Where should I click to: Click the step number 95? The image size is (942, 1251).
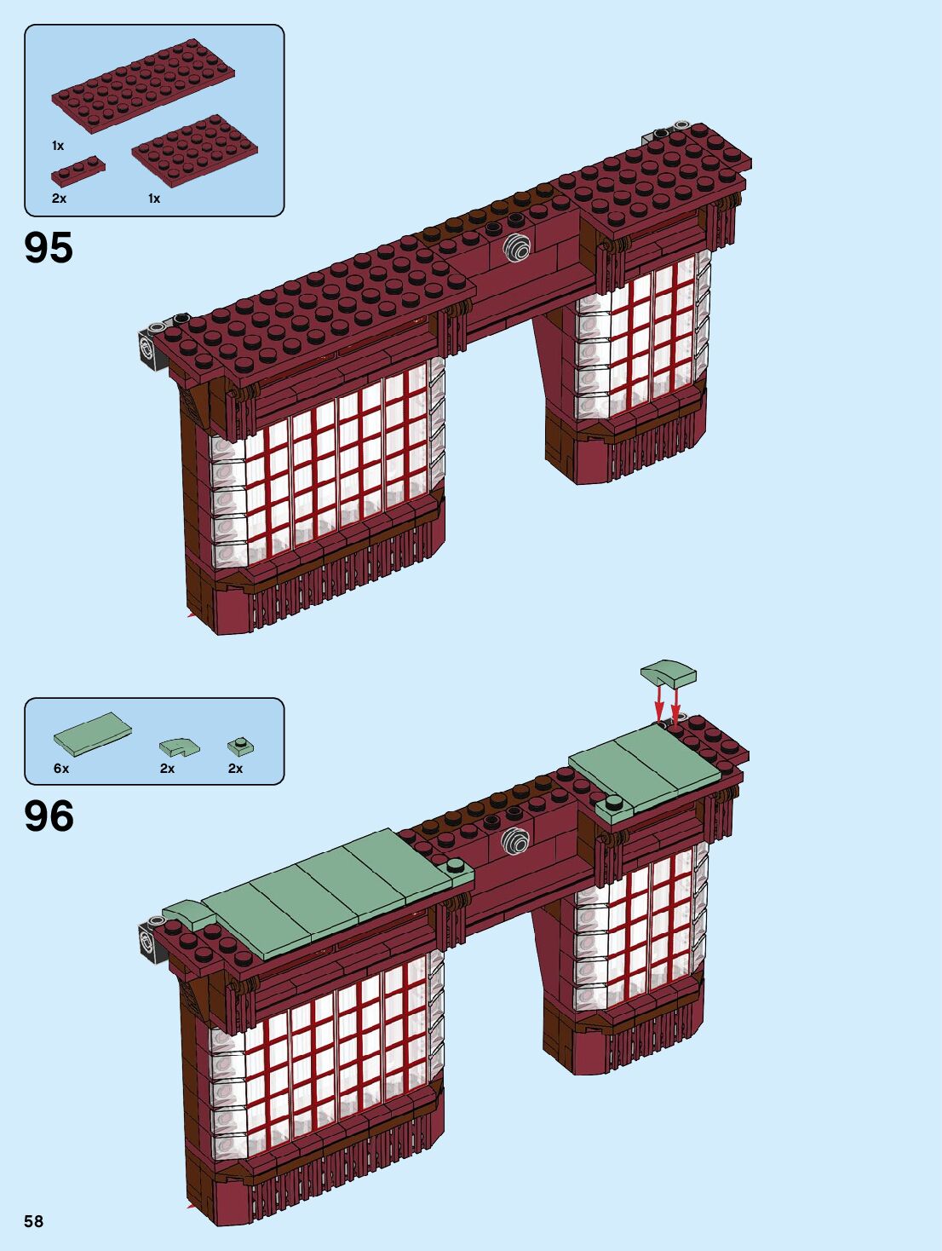pyautogui.click(x=49, y=248)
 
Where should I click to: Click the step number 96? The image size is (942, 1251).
pyautogui.click(x=49, y=816)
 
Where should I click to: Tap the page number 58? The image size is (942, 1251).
pyautogui.click(x=33, y=1221)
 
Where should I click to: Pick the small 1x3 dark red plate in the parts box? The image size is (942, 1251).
pyautogui.click(x=78, y=170)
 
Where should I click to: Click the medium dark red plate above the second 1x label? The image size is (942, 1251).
pyautogui.click(x=194, y=152)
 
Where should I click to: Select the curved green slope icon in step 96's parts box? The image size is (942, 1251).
pyautogui.click(x=179, y=747)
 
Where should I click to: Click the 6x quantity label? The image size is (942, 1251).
pyautogui.click(x=61, y=768)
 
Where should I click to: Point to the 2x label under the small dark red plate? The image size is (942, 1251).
pyautogui.click(x=59, y=199)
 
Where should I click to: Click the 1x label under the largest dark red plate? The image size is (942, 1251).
pyautogui.click(x=58, y=146)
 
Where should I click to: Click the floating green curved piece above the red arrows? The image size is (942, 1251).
pyautogui.click(x=669, y=674)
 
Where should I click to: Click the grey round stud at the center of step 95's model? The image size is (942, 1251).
pyautogui.click(x=517, y=248)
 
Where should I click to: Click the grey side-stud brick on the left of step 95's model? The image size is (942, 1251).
pyautogui.click(x=151, y=348)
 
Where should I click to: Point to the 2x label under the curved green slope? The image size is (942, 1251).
pyautogui.click(x=167, y=768)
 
